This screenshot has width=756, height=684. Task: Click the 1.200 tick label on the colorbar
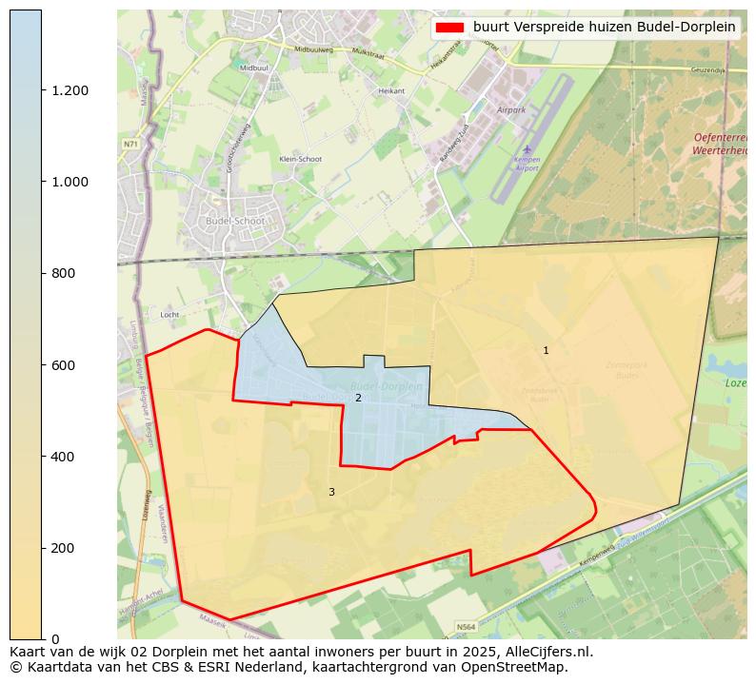(70, 90)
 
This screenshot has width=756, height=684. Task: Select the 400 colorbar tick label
(62, 457)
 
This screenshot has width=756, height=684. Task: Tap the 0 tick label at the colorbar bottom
(53, 639)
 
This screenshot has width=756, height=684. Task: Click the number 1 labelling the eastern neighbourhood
(546, 351)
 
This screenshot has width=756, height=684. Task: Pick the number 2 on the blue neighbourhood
(358, 398)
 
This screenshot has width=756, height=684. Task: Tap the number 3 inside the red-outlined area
(331, 492)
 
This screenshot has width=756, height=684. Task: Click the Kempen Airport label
(526, 164)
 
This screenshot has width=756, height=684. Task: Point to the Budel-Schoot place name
(235, 221)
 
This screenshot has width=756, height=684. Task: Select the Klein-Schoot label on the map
(301, 159)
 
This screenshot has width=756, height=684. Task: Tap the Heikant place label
(391, 91)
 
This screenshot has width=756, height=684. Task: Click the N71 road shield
(130, 144)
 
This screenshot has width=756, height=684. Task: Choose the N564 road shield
(466, 627)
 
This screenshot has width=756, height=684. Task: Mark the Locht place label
(170, 313)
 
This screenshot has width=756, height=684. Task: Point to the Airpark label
(511, 110)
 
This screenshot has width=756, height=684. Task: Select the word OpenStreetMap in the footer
(512, 667)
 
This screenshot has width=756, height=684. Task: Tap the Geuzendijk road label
(707, 70)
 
